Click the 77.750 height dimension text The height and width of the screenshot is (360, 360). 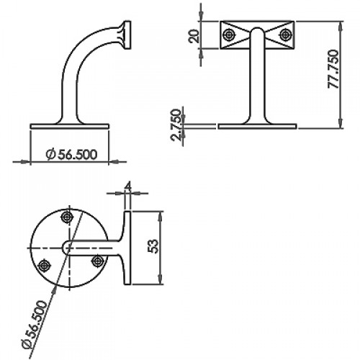[333, 69]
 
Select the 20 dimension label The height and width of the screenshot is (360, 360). [194, 36]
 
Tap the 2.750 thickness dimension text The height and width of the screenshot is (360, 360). [176, 125]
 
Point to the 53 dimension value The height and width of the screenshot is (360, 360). [153, 246]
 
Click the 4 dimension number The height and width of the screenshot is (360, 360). [128, 186]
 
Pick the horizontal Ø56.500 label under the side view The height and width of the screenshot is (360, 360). [71, 154]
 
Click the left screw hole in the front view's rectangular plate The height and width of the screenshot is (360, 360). [228, 35]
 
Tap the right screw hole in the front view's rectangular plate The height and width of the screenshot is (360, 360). [285, 35]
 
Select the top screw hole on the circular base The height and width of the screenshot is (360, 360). [67, 217]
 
